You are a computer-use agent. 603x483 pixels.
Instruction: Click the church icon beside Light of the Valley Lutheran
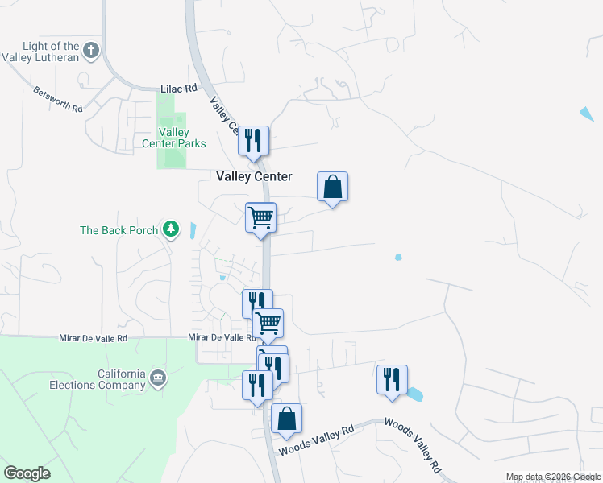(x=91, y=51)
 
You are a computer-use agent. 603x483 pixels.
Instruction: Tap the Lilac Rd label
(x=179, y=88)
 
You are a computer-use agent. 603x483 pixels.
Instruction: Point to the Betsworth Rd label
(x=58, y=100)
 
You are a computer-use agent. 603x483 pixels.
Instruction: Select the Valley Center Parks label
(x=181, y=138)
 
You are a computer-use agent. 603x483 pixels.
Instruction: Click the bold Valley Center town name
(x=254, y=176)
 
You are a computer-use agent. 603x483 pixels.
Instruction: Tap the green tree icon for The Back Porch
(x=170, y=230)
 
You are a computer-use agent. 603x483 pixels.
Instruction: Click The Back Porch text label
(x=119, y=230)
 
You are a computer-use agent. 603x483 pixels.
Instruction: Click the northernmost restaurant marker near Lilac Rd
(x=254, y=141)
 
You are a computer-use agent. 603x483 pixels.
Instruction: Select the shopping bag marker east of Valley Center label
(x=332, y=187)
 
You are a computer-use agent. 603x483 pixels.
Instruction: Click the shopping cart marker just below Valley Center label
(x=260, y=217)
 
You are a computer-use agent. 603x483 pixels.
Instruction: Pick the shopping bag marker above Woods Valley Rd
(x=286, y=419)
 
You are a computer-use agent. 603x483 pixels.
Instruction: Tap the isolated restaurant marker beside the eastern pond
(x=392, y=379)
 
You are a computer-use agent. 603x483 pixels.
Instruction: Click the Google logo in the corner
(x=27, y=473)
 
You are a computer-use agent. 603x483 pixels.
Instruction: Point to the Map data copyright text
(x=553, y=477)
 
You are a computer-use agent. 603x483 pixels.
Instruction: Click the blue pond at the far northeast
(x=588, y=114)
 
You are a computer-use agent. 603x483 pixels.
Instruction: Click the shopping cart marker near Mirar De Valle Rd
(x=268, y=324)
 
